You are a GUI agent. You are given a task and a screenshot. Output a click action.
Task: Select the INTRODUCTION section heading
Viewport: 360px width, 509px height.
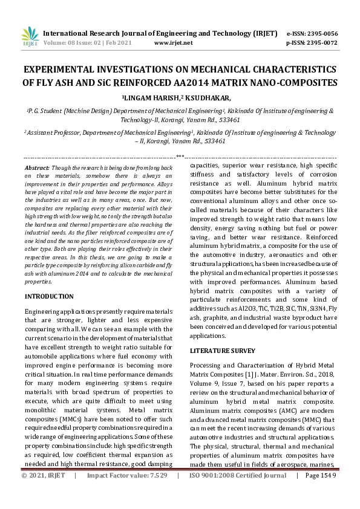[49, 296]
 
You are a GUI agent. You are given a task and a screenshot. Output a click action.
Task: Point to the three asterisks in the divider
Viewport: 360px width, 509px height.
[180, 156]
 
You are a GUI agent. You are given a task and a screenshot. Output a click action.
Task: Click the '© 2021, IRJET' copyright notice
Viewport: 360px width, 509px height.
[43, 493]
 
